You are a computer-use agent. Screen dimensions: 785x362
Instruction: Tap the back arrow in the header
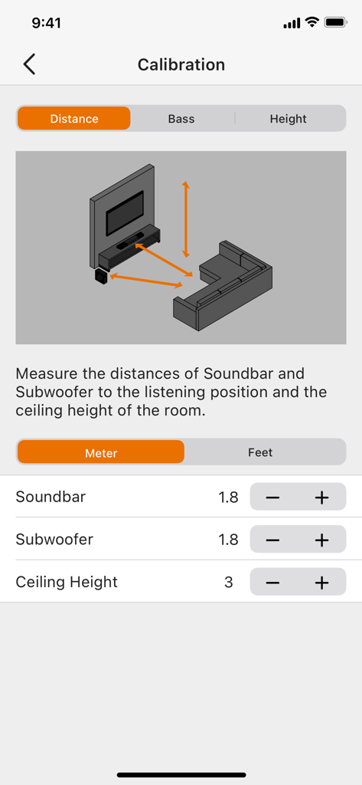click(29, 64)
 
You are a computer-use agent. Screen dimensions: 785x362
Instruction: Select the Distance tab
click(74, 119)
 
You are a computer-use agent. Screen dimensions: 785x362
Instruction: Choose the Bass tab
click(181, 119)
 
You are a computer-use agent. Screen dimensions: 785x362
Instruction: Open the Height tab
click(288, 119)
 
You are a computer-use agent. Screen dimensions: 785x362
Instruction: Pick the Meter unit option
click(101, 452)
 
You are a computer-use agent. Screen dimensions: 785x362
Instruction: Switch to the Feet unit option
click(260, 452)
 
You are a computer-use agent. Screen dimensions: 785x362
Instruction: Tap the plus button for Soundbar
click(321, 498)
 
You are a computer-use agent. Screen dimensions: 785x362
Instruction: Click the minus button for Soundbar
click(273, 498)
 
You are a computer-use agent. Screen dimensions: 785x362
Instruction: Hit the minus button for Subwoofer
click(273, 540)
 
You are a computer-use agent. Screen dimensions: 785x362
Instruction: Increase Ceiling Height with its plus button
click(321, 583)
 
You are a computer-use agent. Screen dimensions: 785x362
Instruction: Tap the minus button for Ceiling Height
click(273, 583)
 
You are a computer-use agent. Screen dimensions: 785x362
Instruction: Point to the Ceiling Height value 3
click(229, 583)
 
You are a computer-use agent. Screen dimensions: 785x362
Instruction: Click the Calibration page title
click(181, 65)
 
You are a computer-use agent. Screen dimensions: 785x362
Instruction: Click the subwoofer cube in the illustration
click(101, 276)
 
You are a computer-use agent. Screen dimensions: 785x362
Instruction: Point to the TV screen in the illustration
click(124, 213)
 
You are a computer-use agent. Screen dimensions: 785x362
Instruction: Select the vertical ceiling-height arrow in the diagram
click(185, 219)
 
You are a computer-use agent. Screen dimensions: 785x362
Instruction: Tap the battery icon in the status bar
click(335, 23)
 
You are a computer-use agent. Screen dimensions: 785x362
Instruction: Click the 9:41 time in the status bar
click(47, 23)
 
